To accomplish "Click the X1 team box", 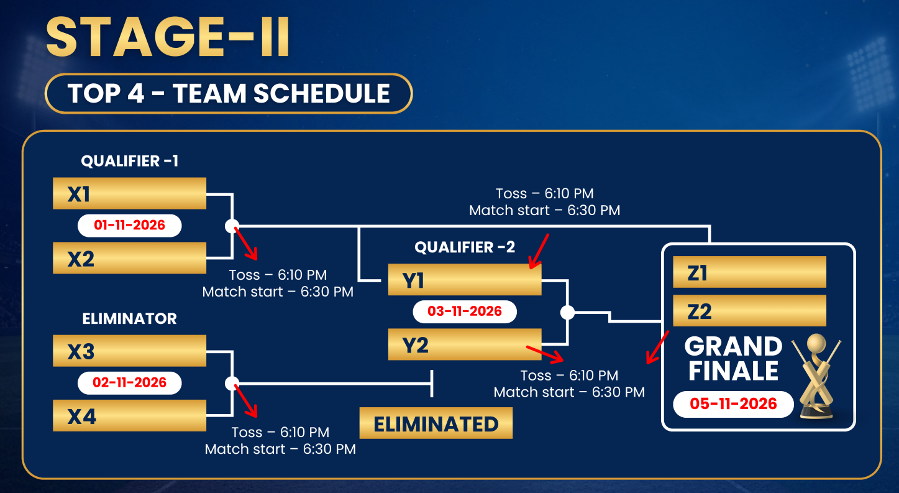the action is coord(130,193).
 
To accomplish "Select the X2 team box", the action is coord(130,258).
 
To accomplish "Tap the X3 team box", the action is coord(130,351).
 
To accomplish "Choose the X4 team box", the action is coord(130,415).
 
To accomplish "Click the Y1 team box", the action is coord(465,279).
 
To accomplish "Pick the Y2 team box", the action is coord(465,344).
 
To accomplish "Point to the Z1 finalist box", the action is coord(750,272).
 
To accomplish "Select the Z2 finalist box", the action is coord(750,311).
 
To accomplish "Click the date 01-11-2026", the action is coord(130,225).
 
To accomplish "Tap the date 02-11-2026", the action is coord(130,382).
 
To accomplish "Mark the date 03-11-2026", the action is coord(465,311).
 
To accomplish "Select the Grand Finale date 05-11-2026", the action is coord(733,404).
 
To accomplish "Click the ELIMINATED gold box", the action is coord(436,423).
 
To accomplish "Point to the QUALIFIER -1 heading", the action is coord(130,161).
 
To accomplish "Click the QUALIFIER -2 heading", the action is coord(465,247).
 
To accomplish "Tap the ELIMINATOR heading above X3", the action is coord(130,319).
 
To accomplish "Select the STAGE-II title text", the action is coord(168,37).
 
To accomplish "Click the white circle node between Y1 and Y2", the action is coord(567,312).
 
